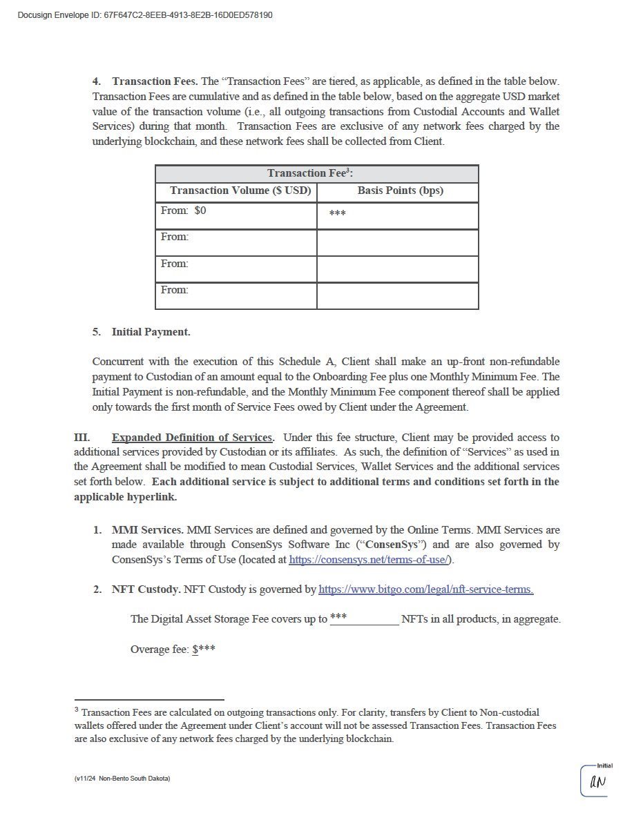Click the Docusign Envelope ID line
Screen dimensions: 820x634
point(144,15)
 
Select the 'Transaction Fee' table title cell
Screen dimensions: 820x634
point(316,173)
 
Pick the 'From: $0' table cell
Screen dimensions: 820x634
point(184,211)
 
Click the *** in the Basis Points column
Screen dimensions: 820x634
point(337,214)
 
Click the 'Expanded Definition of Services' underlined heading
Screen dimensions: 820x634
point(192,438)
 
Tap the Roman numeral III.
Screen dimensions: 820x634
point(81,438)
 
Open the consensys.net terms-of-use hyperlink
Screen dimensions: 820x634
point(369,560)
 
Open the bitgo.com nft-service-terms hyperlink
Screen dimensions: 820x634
point(425,589)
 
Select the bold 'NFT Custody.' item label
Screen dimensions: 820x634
point(144,589)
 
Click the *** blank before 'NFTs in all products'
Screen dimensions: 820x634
point(338,617)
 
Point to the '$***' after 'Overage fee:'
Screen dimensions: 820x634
point(204,650)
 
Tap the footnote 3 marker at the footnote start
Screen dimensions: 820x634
point(77,709)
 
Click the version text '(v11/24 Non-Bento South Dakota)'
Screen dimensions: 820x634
point(122,779)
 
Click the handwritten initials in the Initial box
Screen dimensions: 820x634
point(597,782)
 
